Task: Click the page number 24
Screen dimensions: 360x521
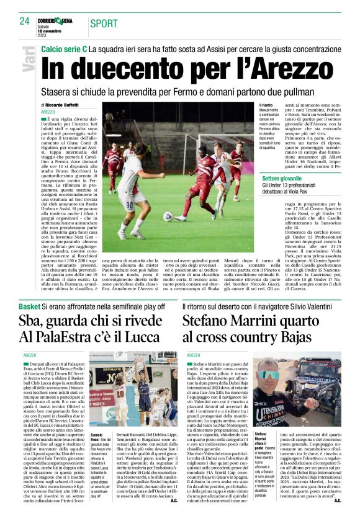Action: (x=25, y=20)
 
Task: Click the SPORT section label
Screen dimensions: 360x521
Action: (x=104, y=24)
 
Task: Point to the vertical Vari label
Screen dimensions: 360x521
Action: (x=28, y=59)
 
